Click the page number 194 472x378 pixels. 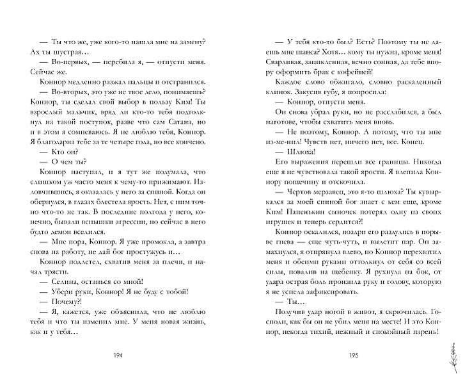pos(117,356)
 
